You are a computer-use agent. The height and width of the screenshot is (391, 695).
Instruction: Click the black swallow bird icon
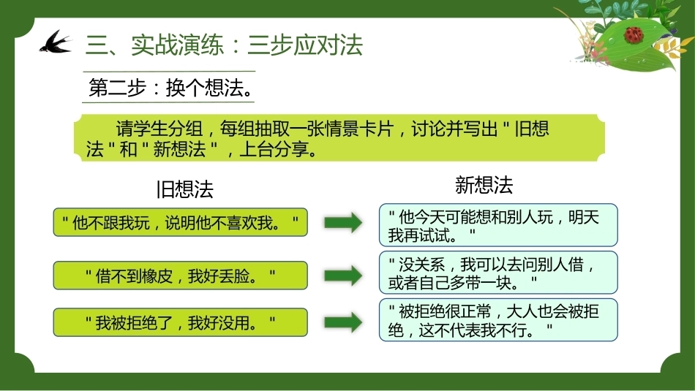pyautogui.click(x=56, y=42)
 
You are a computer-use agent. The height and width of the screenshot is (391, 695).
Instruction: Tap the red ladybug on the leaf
pyautogui.click(x=634, y=34)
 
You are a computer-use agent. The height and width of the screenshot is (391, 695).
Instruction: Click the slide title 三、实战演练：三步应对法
pyautogui.click(x=225, y=45)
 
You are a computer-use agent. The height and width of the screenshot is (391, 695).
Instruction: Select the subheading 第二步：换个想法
pyautogui.click(x=170, y=88)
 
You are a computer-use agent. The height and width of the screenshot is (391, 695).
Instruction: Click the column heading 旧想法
pyautogui.click(x=185, y=189)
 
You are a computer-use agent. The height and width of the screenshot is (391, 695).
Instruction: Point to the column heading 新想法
pyautogui.click(x=484, y=185)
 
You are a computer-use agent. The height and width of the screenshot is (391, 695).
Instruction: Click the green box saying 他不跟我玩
pyautogui.click(x=181, y=222)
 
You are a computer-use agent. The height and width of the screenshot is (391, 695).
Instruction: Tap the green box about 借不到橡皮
pyautogui.click(x=181, y=276)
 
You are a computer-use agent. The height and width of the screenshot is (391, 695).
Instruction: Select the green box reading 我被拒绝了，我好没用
pyautogui.click(x=181, y=322)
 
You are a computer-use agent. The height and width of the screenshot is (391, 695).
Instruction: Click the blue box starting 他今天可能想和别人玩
pyautogui.click(x=498, y=225)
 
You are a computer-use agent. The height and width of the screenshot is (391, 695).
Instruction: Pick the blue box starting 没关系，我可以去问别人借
pyautogui.click(x=498, y=273)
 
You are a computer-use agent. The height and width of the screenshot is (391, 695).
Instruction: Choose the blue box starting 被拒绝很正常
pyautogui.click(x=498, y=319)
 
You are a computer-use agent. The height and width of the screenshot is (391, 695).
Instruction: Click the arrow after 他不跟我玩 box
pyautogui.click(x=344, y=222)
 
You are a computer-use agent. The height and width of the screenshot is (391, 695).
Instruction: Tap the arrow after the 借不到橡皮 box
pyautogui.click(x=344, y=276)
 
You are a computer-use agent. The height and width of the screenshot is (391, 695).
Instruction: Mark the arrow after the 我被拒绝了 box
pyautogui.click(x=344, y=322)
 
